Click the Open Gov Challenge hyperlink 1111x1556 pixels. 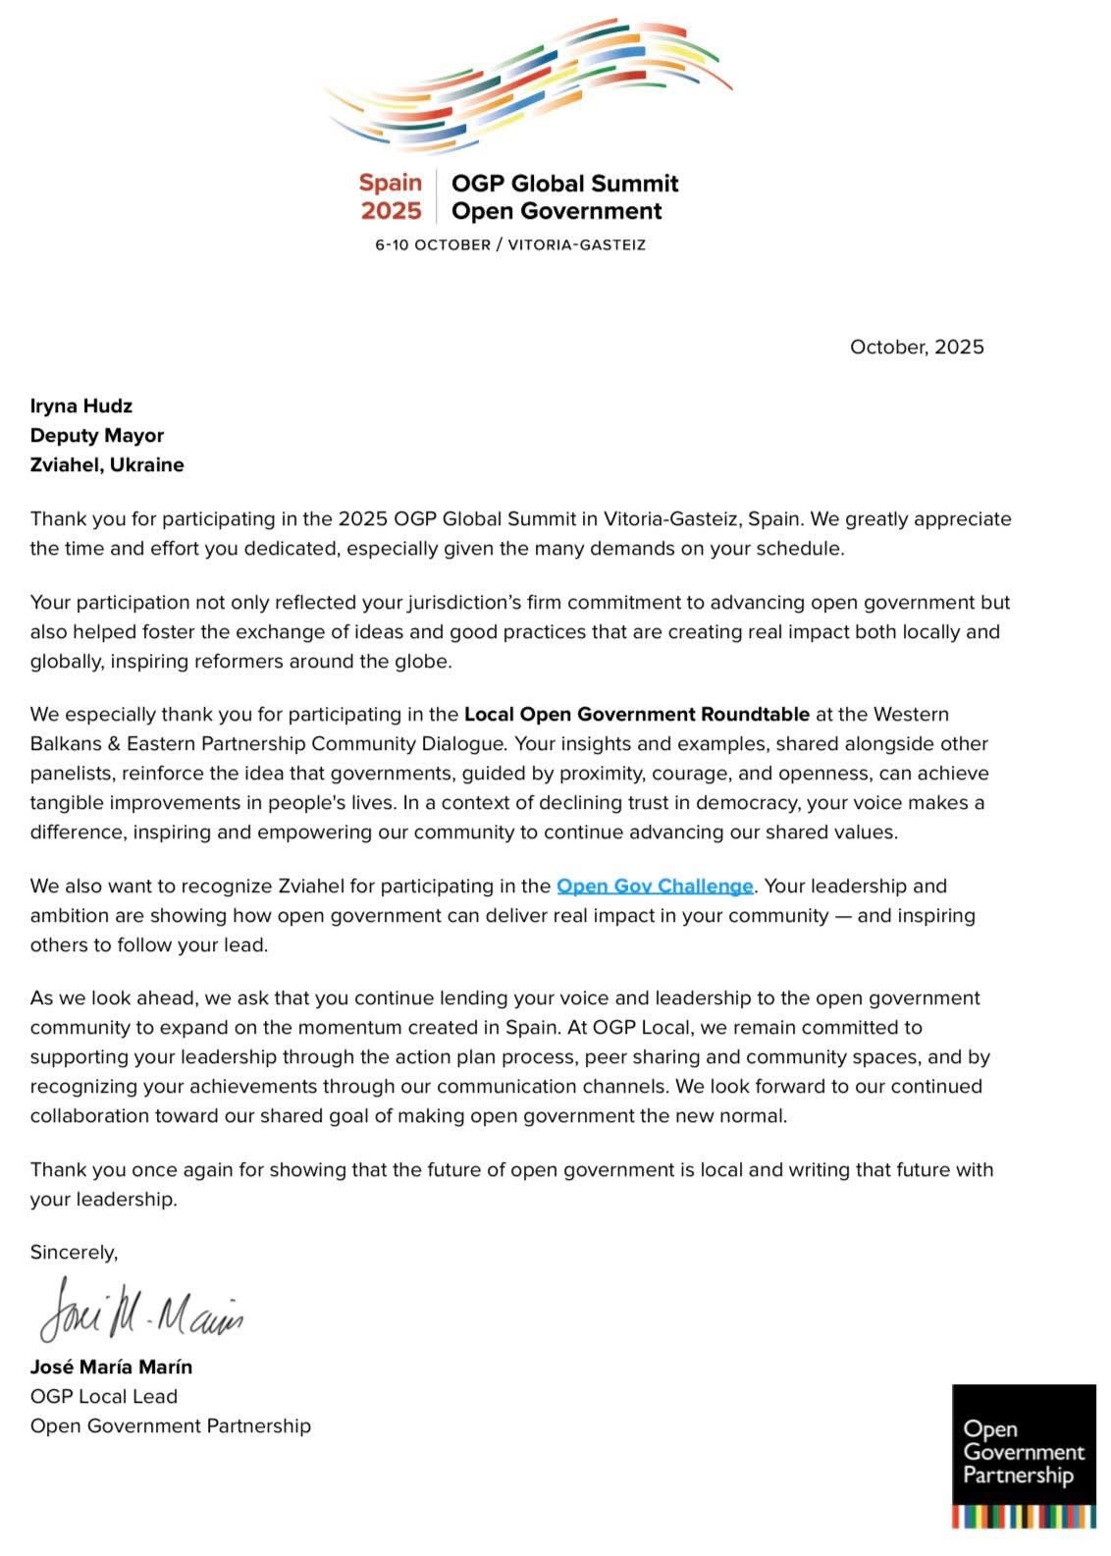point(655,886)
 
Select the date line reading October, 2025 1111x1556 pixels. point(917,348)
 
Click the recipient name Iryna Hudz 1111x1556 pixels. point(81,406)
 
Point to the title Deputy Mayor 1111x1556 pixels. point(97,436)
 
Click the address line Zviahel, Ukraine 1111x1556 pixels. point(107,465)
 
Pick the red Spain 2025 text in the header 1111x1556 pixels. point(391,196)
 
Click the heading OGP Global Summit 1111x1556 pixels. point(564,184)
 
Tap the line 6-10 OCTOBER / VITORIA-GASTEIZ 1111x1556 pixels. point(510,245)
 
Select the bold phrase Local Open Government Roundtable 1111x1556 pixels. point(637,715)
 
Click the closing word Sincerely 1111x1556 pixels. point(74,1253)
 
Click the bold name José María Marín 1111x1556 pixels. point(111,1368)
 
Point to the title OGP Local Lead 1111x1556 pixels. point(104,1397)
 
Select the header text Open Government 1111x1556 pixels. point(556,211)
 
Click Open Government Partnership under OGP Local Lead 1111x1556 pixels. point(171,1426)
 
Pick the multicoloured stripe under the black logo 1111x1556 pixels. point(1024,1516)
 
